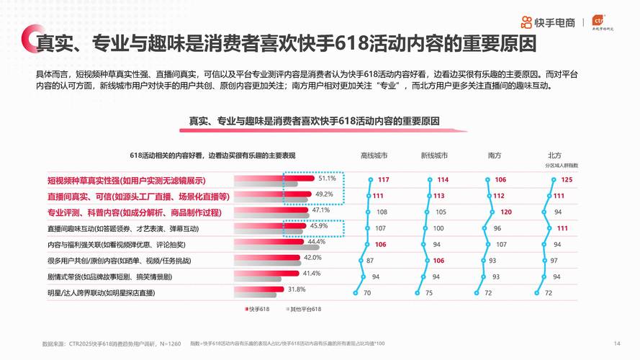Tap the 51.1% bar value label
pyautogui.click(x=328, y=178)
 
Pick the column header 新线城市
pyautogui.click(x=434, y=155)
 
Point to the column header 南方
pyautogui.click(x=495, y=155)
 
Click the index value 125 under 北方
pyautogui.click(x=567, y=179)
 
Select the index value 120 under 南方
pyautogui.click(x=506, y=212)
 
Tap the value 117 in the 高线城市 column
pyautogui.click(x=383, y=179)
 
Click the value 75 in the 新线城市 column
pyautogui.click(x=428, y=293)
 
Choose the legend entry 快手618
pyautogui.click(x=258, y=309)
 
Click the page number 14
pyautogui.click(x=616, y=343)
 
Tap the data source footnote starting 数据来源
pyautogui.click(x=112, y=343)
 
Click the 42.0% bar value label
pyautogui.click(x=312, y=257)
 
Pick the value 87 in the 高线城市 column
pyautogui.click(x=369, y=261)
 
